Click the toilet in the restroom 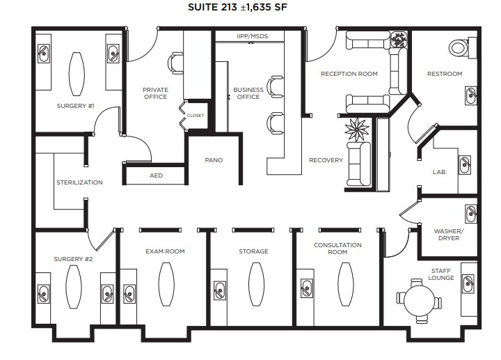(459, 47)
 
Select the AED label (157, 175)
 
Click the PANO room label (214, 160)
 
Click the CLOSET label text (196, 116)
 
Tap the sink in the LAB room (464, 164)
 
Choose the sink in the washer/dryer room (471, 212)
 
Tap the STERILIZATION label (79, 182)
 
